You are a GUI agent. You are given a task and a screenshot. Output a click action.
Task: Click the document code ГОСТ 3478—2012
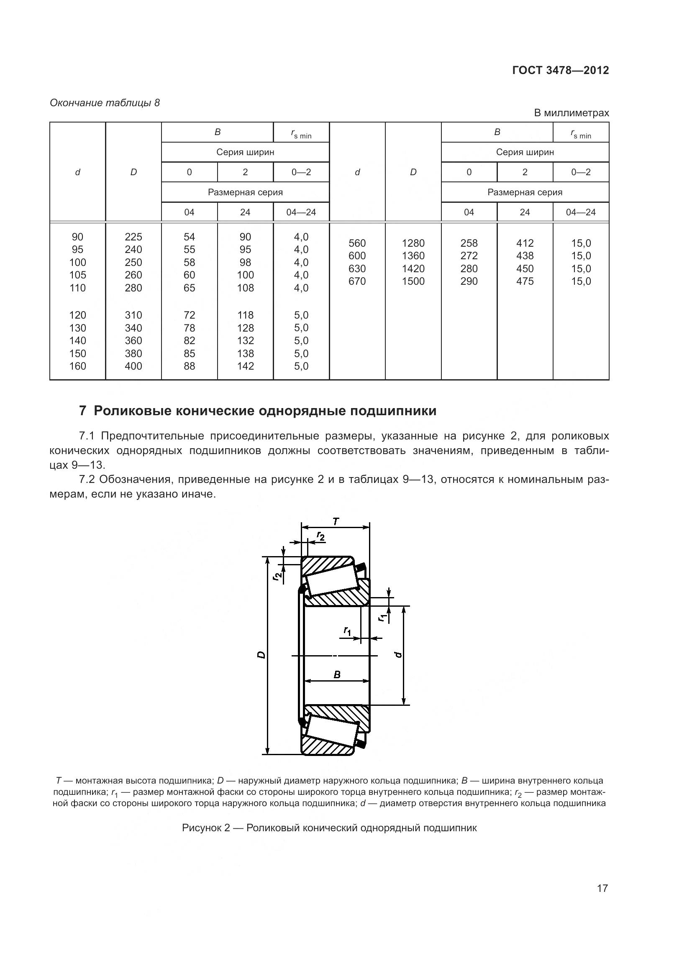coord(560,70)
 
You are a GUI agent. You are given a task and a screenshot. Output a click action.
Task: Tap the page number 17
coord(602,888)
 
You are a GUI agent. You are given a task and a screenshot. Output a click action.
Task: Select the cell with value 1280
coord(413,243)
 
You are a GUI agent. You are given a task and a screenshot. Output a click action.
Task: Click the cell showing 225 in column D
coord(133,237)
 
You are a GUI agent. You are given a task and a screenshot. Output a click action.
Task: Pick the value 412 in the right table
coord(525,243)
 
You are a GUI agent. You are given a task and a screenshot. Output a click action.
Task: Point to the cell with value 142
coord(246,366)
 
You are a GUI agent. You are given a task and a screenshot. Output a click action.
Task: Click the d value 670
coord(357,281)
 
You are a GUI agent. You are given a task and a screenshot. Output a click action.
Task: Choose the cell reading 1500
coord(413,281)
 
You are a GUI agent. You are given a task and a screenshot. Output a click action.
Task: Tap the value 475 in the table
coord(525,281)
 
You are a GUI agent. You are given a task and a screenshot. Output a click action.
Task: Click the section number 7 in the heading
coord(83,411)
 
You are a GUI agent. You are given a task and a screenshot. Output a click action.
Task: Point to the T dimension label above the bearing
coord(336,521)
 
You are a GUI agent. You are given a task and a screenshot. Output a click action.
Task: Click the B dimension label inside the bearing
coord(337,674)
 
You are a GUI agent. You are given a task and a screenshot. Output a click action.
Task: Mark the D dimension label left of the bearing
coord(261,655)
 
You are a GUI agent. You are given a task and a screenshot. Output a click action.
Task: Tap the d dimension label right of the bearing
coord(398,655)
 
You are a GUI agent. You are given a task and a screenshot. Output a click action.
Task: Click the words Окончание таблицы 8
coord(105,103)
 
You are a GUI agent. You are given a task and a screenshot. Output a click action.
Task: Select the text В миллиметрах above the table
coord(572,113)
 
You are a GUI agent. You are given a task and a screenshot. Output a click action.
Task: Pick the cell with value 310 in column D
coord(133,315)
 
